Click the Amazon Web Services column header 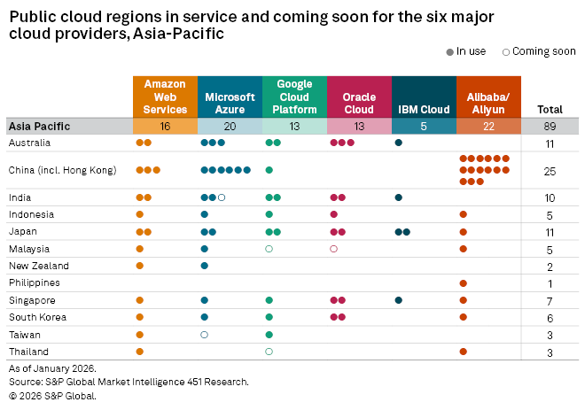pos(165,97)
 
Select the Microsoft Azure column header pos(230,97)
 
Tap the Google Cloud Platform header pos(293,97)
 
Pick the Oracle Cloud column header pos(358,97)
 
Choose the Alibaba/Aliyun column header pos(487,97)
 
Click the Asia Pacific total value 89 pos(550,127)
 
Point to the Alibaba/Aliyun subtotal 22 pos(487,127)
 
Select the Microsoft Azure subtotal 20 pos(230,127)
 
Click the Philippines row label pos(35,283)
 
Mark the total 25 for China pos(550,170)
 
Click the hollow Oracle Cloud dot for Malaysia pos(333,249)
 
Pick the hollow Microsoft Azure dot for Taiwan pos(205,335)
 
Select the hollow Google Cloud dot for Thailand pos(269,352)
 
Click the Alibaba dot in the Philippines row pos(463,283)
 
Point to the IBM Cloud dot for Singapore pos(398,300)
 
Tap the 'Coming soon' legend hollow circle pos(505,51)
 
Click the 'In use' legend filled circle pos(449,51)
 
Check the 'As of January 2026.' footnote pos(51,367)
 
